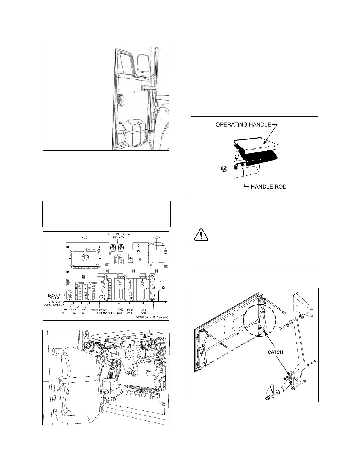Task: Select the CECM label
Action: (156, 237)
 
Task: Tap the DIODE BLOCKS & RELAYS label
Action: (118, 236)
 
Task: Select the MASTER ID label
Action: (98, 309)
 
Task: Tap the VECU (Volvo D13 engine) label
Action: (152, 317)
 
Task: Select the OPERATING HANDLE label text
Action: (243, 124)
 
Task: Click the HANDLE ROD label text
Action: (269, 187)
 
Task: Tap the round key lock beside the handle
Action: (224, 169)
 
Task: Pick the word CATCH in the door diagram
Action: (275, 352)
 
